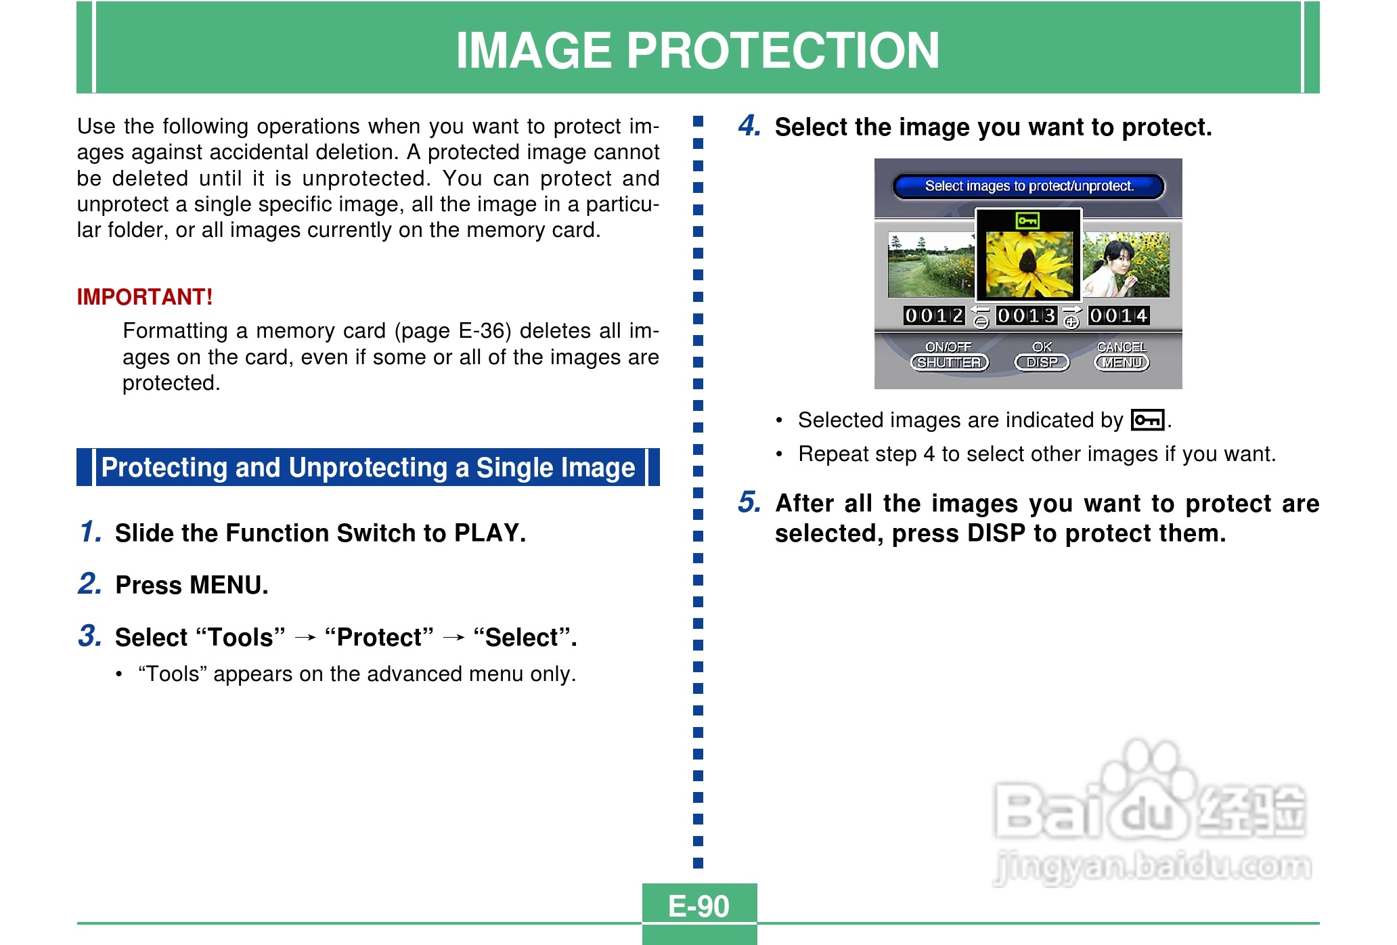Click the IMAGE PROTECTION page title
coord(698,50)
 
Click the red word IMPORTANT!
coord(145,296)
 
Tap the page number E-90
coord(698,906)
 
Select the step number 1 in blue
coord(90,531)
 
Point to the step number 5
coord(749,502)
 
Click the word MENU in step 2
coord(228,585)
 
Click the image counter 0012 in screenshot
coord(933,315)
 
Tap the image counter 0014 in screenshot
coord(1118,315)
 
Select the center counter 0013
coord(1026,315)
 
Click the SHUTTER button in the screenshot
coord(949,363)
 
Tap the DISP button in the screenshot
coord(1042,363)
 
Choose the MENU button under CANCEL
coord(1122,363)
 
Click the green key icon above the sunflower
coord(1027,221)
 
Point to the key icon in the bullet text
coord(1147,420)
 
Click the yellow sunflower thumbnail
coord(1029,265)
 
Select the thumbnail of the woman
coord(1126,265)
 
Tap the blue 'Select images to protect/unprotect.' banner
coord(1029,186)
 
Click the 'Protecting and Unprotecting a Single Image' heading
coord(368,467)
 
